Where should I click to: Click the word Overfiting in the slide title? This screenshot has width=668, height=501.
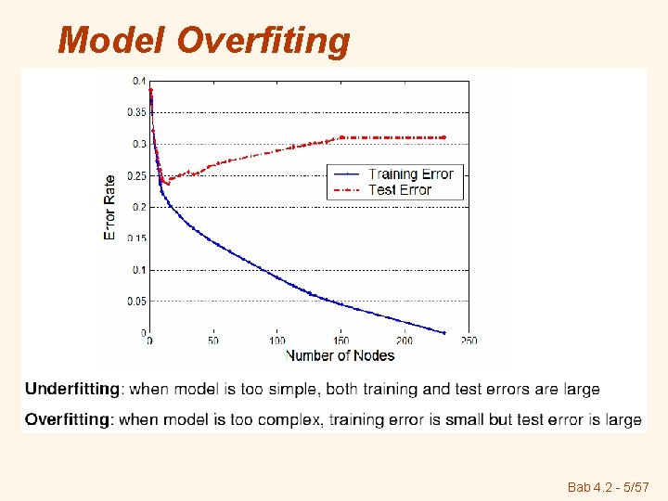(x=263, y=41)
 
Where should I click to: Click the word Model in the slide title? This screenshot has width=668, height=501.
(x=110, y=41)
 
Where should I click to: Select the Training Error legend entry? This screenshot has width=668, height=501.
(x=410, y=174)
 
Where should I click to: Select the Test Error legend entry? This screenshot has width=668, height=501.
(x=400, y=190)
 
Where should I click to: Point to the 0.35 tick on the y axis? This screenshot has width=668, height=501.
(x=135, y=112)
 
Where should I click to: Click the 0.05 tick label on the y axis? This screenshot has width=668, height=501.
(x=135, y=301)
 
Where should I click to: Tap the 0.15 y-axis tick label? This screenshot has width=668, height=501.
(x=135, y=238)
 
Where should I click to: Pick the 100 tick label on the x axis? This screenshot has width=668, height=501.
(x=276, y=341)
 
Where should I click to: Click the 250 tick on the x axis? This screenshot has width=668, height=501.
(x=469, y=341)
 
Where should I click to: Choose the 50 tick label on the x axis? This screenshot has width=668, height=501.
(x=213, y=341)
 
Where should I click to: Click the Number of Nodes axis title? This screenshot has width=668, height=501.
(x=340, y=355)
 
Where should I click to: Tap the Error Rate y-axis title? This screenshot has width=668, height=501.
(x=109, y=207)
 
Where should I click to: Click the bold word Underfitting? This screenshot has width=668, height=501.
(x=72, y=390)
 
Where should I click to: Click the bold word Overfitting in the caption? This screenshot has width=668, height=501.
(x=68, y=419)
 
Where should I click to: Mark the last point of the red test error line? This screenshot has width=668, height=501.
(x=443, y=137)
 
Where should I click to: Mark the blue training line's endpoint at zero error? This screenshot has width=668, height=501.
(x=443, y=332)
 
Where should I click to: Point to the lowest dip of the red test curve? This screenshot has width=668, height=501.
(x=167, y=183)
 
